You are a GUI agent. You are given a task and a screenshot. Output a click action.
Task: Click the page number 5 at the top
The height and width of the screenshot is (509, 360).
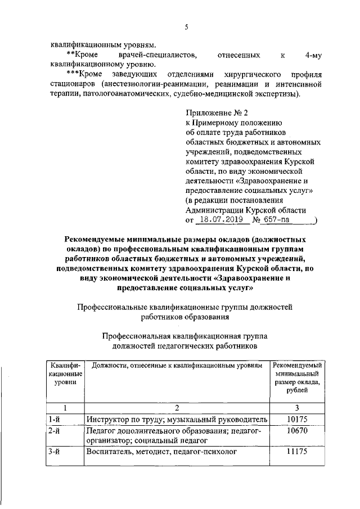tap(186, 27)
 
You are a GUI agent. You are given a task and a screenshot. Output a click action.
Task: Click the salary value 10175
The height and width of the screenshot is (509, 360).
tap(296, 420)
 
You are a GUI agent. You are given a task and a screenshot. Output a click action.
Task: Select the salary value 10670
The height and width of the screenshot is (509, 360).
tap(296, 431)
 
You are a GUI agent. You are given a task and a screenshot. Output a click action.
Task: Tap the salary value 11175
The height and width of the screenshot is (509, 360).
tap(296, 452)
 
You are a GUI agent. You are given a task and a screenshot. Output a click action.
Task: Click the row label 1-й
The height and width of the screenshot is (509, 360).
tap(55, 420)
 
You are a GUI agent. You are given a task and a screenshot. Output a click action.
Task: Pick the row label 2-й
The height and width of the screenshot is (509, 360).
tap(55, 431)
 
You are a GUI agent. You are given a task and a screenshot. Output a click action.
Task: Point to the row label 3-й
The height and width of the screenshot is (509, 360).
tap(55, 452)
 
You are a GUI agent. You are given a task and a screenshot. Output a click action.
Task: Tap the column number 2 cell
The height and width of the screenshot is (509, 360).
tap(176, 408)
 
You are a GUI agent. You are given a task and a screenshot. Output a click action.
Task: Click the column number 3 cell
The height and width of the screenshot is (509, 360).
tap(296, 408)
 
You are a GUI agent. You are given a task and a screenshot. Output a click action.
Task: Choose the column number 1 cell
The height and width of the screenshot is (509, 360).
tap(65, 408)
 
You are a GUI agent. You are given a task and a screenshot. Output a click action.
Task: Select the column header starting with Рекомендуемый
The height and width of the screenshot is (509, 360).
tap(296, 366)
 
